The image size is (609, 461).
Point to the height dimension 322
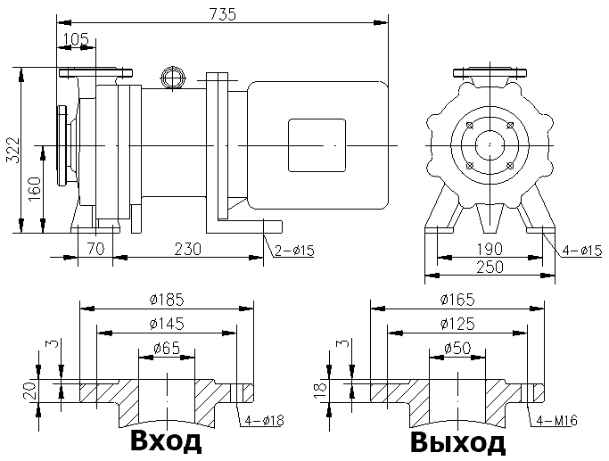click(x=12, y=151)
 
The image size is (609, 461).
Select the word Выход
click(x=458, y=442)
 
